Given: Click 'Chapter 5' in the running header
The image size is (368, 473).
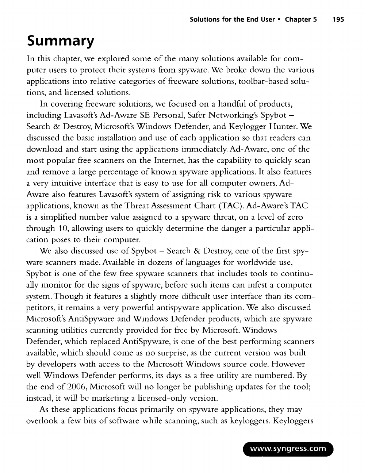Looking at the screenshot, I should pos(300,20).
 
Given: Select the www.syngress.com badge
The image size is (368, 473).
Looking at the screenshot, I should pos(288,449).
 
